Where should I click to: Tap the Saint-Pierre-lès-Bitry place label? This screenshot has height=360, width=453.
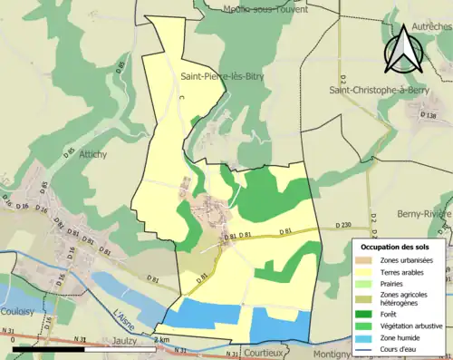pos(222,77)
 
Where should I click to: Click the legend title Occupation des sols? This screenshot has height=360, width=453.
pos(395,246)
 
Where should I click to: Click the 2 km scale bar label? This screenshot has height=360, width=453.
pos(160,339)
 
